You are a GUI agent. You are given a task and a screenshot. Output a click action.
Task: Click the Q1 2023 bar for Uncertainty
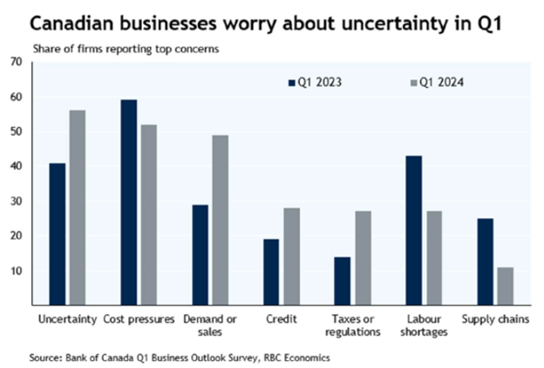click(x=58, y=234)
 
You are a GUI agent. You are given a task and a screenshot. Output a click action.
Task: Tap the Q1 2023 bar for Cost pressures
click(x=129, y=202)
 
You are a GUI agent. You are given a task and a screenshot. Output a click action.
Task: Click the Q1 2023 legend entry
click(x=315, y=83)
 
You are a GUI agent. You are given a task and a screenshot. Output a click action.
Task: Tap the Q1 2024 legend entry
click(x=437, y=83)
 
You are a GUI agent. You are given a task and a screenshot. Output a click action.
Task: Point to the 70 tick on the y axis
click(x=15, y=62)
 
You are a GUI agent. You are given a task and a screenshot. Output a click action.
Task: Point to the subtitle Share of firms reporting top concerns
click(x=126, y=49)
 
